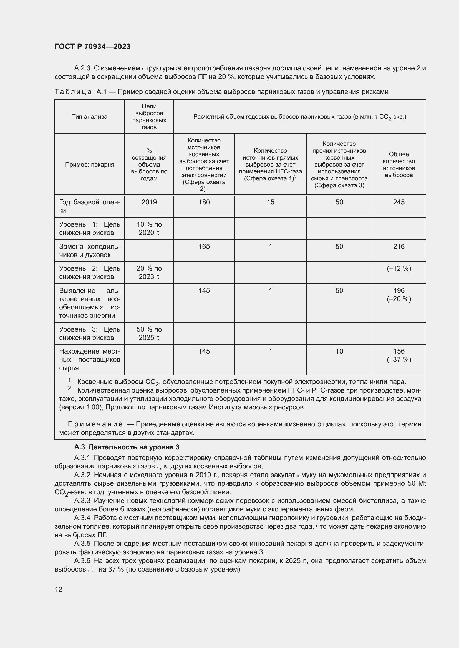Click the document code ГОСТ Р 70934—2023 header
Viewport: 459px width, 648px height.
click(92, 47)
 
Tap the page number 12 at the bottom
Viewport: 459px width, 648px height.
click(59, 589)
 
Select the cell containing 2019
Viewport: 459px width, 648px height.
click(149, 202)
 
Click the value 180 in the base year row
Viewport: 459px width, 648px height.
click(204, 202)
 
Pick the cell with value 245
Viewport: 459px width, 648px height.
click(399, 202)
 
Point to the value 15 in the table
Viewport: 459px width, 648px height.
click(270, 202)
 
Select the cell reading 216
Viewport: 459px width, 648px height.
click(399, 246)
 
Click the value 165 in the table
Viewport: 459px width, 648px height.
click(204, 246)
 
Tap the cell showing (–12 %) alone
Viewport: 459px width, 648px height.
click(399, 268)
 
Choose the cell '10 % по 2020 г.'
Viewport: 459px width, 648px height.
click(149, 228)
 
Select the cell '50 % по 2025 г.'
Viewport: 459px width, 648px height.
click(149, 333)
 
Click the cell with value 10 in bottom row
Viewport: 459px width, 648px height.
click(339, 351)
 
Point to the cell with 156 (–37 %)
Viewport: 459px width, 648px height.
click(399, 355)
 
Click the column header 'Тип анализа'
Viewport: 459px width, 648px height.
click(89, 117)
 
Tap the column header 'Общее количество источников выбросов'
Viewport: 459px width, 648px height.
click(399, 165)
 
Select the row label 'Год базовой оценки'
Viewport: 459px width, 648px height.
click(89, 206)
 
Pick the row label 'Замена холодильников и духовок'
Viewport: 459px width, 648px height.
click(89, 251)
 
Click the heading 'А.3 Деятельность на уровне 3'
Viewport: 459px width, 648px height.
click(127, 447)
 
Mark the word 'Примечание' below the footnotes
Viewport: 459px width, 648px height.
click(95, 424)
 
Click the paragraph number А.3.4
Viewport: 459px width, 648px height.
click(82, 518)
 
